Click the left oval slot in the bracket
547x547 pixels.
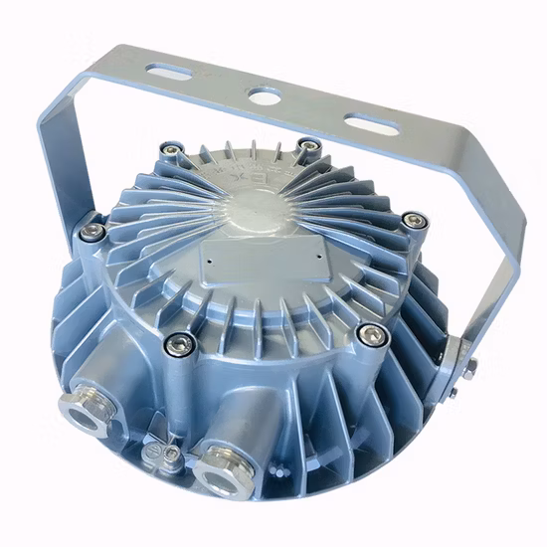pos(171,72)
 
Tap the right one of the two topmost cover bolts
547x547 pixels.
pos(310,148)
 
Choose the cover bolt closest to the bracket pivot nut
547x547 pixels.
pos(372,334)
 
